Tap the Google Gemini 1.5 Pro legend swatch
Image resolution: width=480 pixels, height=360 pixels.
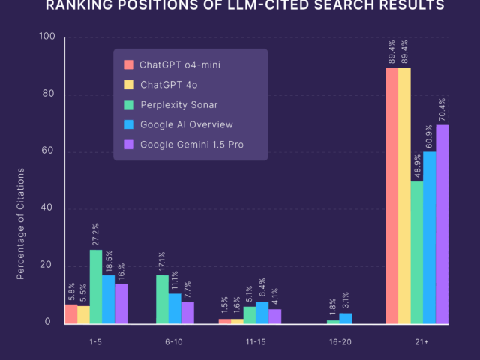[x=128, y=144]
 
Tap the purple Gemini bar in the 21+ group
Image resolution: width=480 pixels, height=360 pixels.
[x=442, y=224]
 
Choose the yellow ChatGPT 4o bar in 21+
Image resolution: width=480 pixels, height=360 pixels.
[x=404, y=196]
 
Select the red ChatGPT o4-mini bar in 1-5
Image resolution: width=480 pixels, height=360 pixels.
[x=71, y=314]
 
